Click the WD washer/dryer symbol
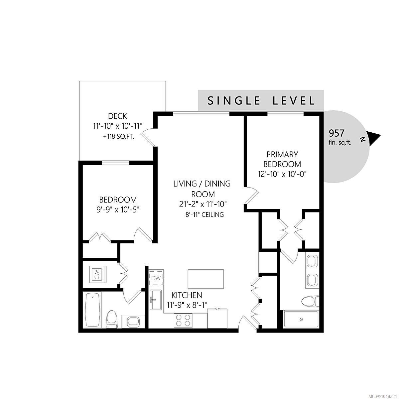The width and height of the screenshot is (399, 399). pos(97,274)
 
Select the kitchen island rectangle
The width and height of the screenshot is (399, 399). pos(205,279)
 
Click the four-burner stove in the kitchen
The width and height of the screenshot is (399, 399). pos(183,320)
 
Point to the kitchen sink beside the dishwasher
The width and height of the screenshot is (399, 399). pos(156,300)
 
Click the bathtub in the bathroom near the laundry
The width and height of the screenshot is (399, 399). pos(92,310)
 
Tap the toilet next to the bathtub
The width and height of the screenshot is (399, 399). pos(111,319)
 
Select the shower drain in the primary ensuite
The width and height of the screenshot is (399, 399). pos(301,319)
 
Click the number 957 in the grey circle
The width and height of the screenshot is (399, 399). pos(336,133)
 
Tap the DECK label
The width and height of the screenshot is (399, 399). pos(117,116)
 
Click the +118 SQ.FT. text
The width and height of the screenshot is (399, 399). pos(119,136)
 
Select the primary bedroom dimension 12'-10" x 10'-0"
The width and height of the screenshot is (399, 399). pos(282,174)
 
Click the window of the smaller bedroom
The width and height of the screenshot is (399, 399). pos(115,163)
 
